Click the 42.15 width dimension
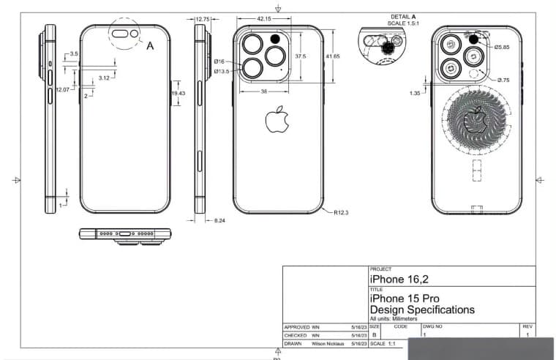[264, 18]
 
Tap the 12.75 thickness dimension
[203, 19]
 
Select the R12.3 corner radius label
[342, 212]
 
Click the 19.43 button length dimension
[179, 94]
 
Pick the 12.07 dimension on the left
[62, 89]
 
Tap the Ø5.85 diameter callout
[502, 47]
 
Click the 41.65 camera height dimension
[333, 56]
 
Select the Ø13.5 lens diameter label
[222, 72]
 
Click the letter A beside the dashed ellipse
[150, 45]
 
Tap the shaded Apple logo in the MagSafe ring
[476, 119]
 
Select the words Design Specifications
[422, 310]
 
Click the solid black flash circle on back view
[277, 39]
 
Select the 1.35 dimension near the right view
[415, 93]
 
